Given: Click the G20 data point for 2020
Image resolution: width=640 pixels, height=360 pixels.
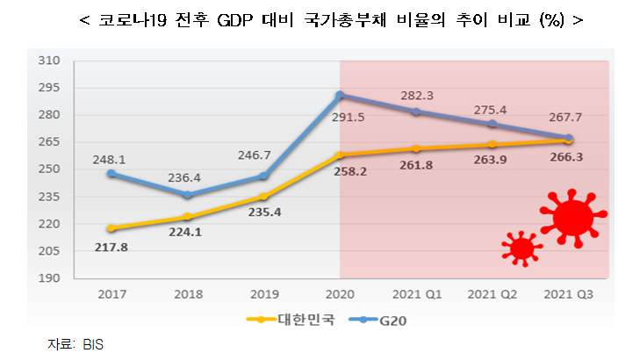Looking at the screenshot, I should pyautogui.click(x=340, y=95).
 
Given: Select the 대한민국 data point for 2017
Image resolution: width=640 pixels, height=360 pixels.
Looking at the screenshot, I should pyautogui.click(x=111, y=228).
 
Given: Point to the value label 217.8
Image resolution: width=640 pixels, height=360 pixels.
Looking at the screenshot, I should pyautogui.click(x=111, y=248).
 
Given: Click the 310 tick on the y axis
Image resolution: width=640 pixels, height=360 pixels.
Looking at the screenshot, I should pyautogui.click(x=48, y=61).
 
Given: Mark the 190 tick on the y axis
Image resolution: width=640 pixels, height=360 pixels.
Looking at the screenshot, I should pyautogui.click(x=48, y=278).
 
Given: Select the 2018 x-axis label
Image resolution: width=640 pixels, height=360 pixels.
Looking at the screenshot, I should pyautogui.click(x=187, y=296).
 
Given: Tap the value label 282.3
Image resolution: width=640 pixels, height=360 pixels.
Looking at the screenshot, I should pyautogui.click(x=418, y=95).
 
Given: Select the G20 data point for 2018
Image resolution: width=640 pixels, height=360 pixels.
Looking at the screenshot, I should pyautogui.click(x=187, y=195).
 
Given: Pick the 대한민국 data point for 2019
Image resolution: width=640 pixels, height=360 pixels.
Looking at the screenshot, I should pyautogui.click(x=263, y=197).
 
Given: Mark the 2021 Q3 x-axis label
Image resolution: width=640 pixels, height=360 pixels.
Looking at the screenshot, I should pyautogui.click(x=569, y=296).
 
